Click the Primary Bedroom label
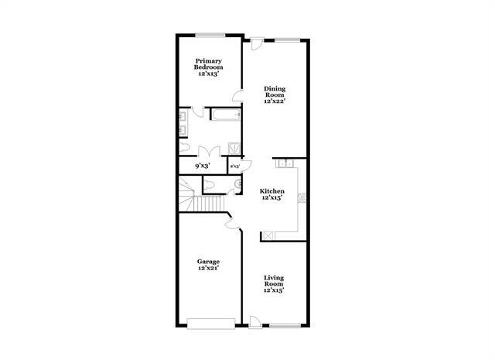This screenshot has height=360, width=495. click(x=209, y=65)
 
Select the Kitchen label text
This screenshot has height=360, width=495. click(x=271, y=195)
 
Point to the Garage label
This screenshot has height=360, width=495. click(x=209, y=266)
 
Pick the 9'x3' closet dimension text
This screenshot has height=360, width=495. click(x=203, y=166)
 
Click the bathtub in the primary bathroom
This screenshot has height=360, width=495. click(x=226, y=116)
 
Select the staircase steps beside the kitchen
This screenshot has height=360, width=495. click(x=207, y=204)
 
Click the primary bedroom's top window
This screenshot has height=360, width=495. click(x=209, y=34)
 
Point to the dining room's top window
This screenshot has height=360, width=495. click(x=288, y=39)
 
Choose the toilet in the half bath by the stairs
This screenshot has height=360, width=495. click(x=209, y=183)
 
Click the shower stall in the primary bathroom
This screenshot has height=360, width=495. click(x=233, y=148)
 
